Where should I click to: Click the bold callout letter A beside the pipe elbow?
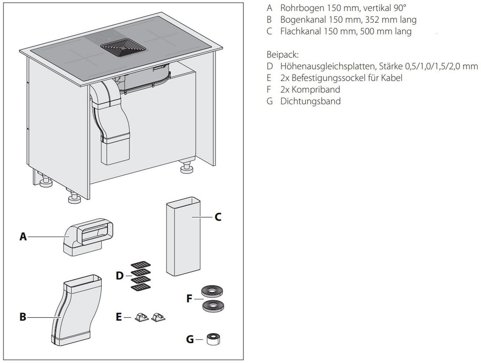(x=23, y=237)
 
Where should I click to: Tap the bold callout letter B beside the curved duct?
(x=23, y=317)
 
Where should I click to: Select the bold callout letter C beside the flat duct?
(x=218, y=217)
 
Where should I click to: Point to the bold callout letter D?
(x=120, y=276)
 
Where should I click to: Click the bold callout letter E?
(x=119, y=317)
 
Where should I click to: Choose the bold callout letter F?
(x=189, y=299)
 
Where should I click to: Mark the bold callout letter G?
(x=190, y=339)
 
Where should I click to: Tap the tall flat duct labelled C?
(x=183, y=236)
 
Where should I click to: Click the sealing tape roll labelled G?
(x=214, y=339)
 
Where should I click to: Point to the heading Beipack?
(x=283, y=55)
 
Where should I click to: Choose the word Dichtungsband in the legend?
(x=310, y=101)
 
